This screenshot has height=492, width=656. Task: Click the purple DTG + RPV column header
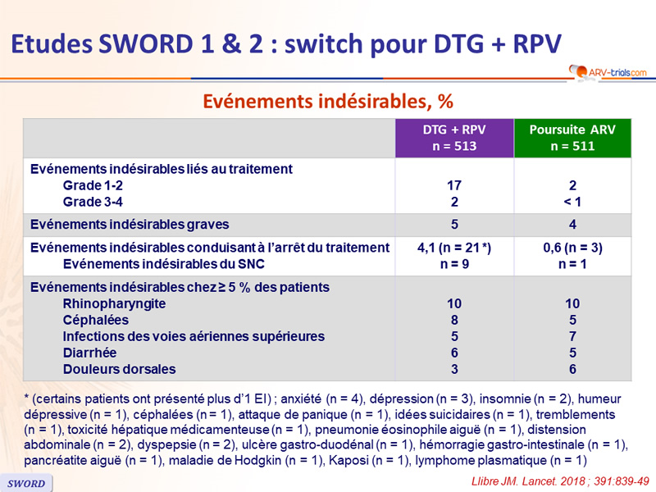click(x=454, y=138)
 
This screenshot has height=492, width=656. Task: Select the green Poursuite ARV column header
click(x=572, y=138)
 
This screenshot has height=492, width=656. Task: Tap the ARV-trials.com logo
click(x=608, y=72)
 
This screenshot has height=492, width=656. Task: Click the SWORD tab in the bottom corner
click(x=26, y=483)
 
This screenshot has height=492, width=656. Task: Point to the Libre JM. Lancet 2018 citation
click(x=560, y=481)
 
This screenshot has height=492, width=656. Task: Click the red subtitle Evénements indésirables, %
click(x=328, y=101)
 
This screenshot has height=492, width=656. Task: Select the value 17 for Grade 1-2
click(x=454, y=185)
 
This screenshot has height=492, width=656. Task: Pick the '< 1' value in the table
click(x=572, y=202)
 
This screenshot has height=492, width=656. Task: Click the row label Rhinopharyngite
click(x=114, y=303)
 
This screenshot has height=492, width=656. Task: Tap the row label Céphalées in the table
click(x=96, y=320)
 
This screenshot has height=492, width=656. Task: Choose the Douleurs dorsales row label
click(x=119, y=370)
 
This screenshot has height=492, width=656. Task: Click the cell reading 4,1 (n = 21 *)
click(x=454, y=248)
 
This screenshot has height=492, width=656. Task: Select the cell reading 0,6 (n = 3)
click(x=572, y=248)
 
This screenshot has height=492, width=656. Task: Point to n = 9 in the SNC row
click(x=454, y=264)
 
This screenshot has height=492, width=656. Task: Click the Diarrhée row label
click(x=89, y=353)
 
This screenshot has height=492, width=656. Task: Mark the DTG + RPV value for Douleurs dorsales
click(x=454, y=370)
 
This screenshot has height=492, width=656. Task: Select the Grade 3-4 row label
click(x=93, y=202)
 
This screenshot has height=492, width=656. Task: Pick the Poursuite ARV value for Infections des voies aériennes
click(x=572, y=336)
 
